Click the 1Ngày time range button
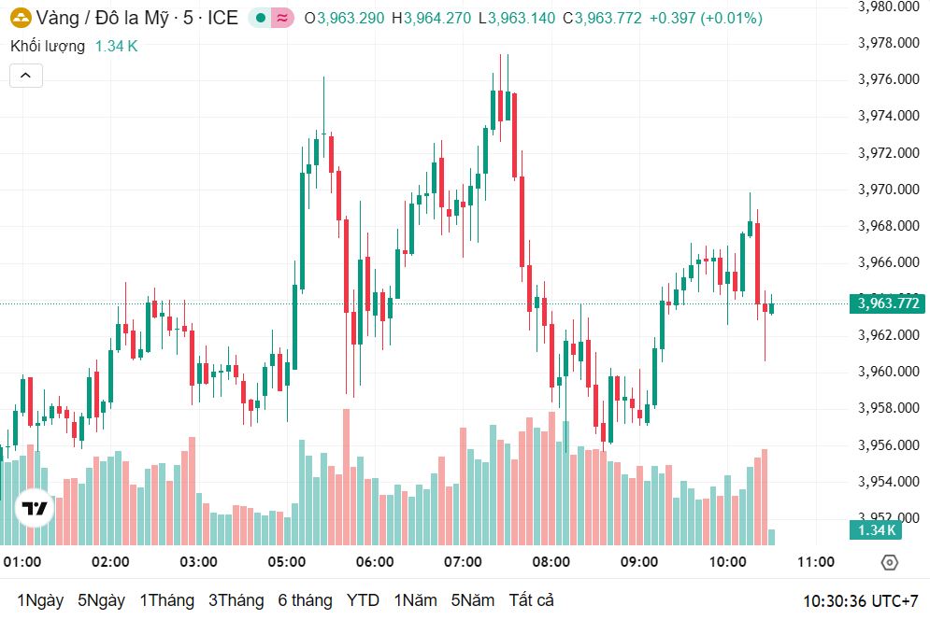(40, 600)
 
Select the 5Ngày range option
(101, 600)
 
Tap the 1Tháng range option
(166, 600)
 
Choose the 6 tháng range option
(305, 600)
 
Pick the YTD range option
(363, 600)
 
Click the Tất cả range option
(531, 600)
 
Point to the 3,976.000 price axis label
(888, 79)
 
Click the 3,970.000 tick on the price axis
(888, 190)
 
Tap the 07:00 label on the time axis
(463, 562)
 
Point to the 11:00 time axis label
(815, 562)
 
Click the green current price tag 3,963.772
(886, 303)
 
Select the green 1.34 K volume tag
(874, 530)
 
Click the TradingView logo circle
(35, 508)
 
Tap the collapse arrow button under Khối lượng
(26, 76)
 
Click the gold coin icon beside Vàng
(20, 18)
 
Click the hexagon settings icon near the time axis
(889, 562)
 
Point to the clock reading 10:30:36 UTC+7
(861, 600)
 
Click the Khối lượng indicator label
(48, 46)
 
